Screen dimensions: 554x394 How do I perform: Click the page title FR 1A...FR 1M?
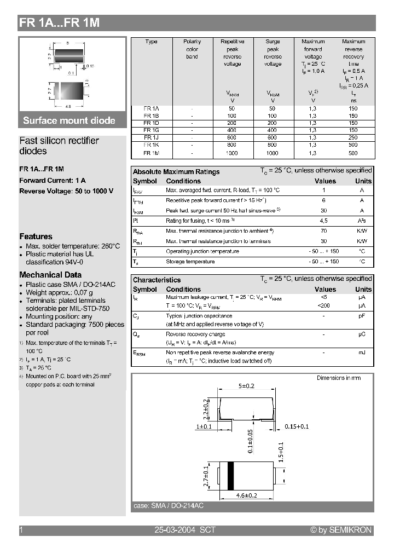(59, 23)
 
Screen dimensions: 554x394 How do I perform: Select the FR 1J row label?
(148, 138)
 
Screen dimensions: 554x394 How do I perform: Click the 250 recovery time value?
(353, 138)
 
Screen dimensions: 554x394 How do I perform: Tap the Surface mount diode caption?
(69, 120)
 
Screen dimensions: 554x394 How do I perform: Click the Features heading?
(36, 236)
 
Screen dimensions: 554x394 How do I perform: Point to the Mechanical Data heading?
(50, 275)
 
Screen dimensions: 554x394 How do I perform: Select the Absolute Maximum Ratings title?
(176, 172)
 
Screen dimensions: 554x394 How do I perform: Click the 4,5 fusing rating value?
(324, 221)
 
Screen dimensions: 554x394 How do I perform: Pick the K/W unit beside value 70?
(362, 231)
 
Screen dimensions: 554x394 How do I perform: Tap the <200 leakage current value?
(324, 305)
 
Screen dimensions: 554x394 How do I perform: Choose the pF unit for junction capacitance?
(362, 316)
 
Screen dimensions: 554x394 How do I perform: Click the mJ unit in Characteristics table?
(362, 353)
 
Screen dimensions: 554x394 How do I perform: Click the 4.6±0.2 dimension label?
(246, 495)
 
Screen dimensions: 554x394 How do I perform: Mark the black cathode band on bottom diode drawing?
(230, 475)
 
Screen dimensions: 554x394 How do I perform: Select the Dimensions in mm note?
(338, 378)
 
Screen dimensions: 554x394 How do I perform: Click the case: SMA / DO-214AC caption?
(168, 506)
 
